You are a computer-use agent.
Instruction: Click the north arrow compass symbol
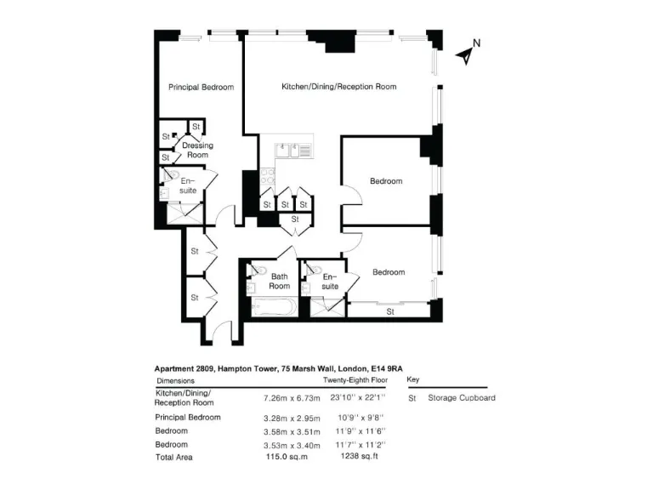point(467,53)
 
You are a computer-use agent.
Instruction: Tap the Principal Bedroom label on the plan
point(201,87)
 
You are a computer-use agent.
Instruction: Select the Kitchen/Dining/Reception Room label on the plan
point(338,87)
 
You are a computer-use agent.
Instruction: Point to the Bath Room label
point(280,281)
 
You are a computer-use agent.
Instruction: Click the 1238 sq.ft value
point(356,457)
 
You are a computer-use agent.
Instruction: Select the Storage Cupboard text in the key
point(461,397)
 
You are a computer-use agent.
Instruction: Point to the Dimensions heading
point(175,381)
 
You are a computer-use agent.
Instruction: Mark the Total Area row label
point(173,457)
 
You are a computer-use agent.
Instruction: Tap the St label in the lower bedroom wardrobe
point(390,311)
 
